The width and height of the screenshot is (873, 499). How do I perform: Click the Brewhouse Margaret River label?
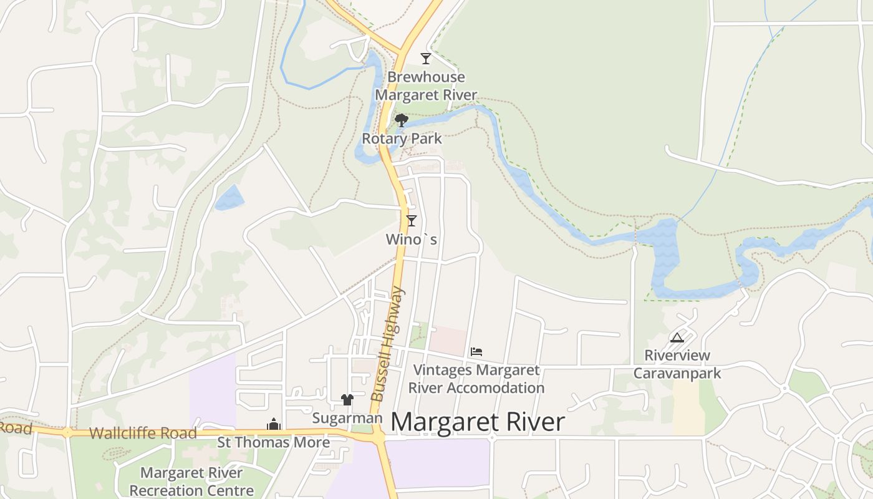(x=427, y=86)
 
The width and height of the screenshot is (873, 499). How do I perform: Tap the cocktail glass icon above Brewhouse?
(x=426, y=59)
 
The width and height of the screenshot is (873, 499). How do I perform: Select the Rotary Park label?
(x=402, y=138)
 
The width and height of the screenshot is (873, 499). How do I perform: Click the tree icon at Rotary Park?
(x=402, y=120)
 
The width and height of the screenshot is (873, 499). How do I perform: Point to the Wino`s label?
(x=412, y=240)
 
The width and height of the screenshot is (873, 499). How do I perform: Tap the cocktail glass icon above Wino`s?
(x=411, y=220)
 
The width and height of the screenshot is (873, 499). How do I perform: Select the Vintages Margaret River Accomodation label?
(x=476, y=379)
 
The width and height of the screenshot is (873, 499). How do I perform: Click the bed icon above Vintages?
(x=476, y=352)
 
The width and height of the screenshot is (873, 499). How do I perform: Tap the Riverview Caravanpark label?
(x=677, y=364)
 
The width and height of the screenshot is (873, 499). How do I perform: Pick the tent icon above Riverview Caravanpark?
(x=677, y=338)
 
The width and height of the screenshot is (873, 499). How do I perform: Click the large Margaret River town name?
(x=478, y=422)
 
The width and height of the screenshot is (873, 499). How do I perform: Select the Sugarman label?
(x=347, y=418)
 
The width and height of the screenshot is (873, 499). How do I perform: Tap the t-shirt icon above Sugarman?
(x=347, y=400)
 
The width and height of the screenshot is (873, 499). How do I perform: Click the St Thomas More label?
(x=273, y=442)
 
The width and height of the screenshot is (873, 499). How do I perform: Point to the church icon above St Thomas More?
(x=274, y=425)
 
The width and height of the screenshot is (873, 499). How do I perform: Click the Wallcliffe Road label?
(x=143, y=433)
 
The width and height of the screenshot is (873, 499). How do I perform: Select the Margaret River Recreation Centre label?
(x=191, y=482)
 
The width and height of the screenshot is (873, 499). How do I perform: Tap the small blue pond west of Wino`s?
(x=229, y=198)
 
